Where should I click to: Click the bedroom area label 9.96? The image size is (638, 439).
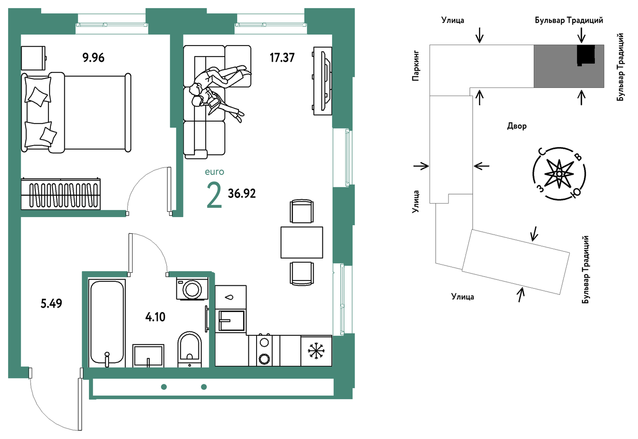coord(94,58)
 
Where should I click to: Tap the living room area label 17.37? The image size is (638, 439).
coord(282,58)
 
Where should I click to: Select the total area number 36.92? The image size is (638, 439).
coord(242,193)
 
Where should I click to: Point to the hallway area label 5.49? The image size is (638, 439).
coord(51,304)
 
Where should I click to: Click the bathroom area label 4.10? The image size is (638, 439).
coord(155,317)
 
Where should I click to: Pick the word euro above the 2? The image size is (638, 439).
coord(214,172)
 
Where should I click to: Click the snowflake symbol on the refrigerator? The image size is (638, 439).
coord(316,351)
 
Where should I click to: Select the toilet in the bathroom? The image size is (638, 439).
coord(189,349)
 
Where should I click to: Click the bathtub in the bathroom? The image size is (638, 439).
coord(107,323)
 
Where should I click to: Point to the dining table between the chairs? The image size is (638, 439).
coord(302,243)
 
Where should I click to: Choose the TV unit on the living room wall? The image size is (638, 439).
coord(322,81)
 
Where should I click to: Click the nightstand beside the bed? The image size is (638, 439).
coord(34,58)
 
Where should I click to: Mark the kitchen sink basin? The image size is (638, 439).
coord(231,321)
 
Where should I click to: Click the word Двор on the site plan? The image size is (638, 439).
coord(517,126)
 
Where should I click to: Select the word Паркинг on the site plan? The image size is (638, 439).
coord(416,66)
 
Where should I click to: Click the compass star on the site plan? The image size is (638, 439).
coord(560,174)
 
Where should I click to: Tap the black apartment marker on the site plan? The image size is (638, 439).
coord(586,54)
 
